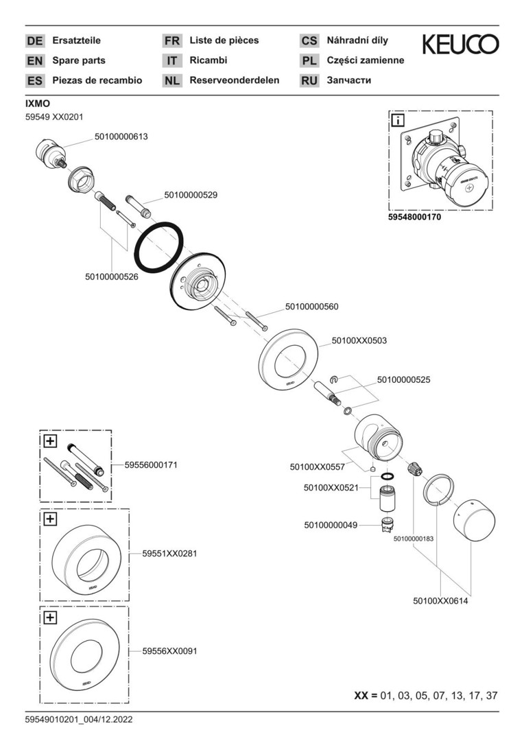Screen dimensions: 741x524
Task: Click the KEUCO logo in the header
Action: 460,45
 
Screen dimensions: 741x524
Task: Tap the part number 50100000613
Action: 121,137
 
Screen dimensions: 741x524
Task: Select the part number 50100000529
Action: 191,195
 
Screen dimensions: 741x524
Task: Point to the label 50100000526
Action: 112,277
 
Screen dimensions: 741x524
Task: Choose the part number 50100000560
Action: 311,307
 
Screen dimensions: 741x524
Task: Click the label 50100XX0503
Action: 359,340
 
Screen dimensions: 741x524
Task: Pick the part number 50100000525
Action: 403,379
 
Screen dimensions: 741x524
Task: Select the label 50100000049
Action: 331,525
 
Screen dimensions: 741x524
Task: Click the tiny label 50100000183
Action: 414,539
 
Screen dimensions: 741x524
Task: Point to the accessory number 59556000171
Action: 151,464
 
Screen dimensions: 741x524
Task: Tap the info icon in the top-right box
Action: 397,121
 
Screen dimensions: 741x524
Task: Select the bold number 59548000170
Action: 415,217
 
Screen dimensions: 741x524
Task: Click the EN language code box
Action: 34,60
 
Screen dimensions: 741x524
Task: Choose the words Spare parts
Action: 79,60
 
